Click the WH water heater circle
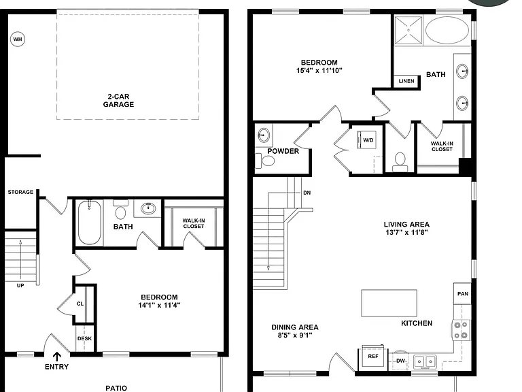(18, 39)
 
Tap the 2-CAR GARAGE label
(118, 100)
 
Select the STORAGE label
(20, 192)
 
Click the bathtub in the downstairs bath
(90, 223)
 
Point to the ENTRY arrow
(57, 357)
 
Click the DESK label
(84, 338)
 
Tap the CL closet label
(80, 304)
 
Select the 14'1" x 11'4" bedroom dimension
(159, 305)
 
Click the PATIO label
(116, 388)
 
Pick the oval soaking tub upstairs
(447, 30)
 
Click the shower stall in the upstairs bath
(408, 30)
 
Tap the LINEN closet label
(406, 81)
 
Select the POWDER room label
(283, 151)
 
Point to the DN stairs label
(307, 193)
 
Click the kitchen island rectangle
(389, 303)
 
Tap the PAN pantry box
(462, 294)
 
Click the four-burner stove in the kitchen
(461, 330)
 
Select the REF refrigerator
(373, 357)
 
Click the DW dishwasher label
(400, 361)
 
